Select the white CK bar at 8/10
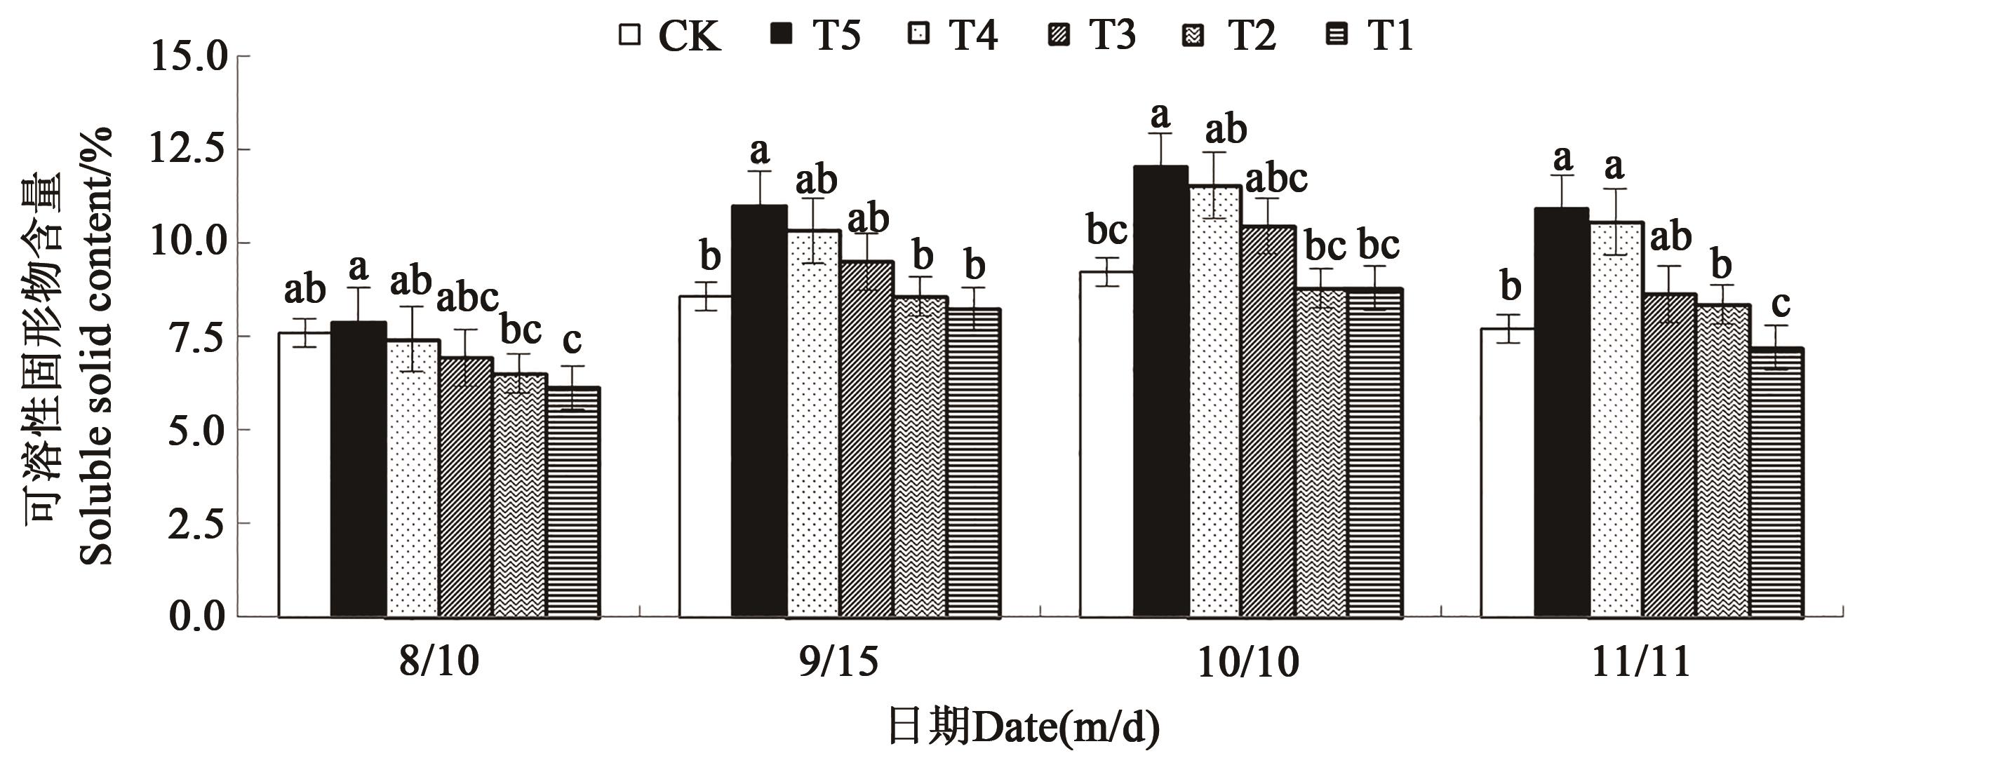[304, 474]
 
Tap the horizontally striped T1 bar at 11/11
[1776, 482]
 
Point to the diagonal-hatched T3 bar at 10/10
[1268, 421]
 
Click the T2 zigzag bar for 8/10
[520, 495]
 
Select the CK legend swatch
[630, 36]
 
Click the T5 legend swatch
[782, 36]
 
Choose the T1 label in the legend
[1390, 36]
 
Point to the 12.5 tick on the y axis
[187, 149]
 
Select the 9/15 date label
[838, 661]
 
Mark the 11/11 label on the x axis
[1641, 661]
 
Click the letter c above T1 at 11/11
[1781, 304]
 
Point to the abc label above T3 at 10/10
[1276, 179]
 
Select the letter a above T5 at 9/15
[760, 151]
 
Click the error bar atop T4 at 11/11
[1614, 222]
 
